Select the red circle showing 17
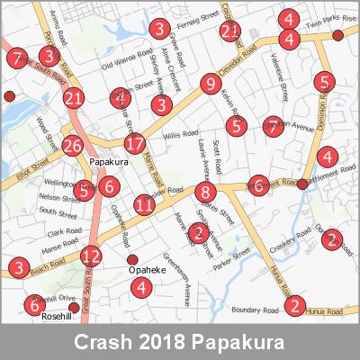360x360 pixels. coord(134,143)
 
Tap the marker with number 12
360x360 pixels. coord(90,256)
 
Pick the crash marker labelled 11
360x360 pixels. coord(144,205)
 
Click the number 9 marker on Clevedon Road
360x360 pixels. coord(210,85)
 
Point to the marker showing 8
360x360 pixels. coord(206,193)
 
